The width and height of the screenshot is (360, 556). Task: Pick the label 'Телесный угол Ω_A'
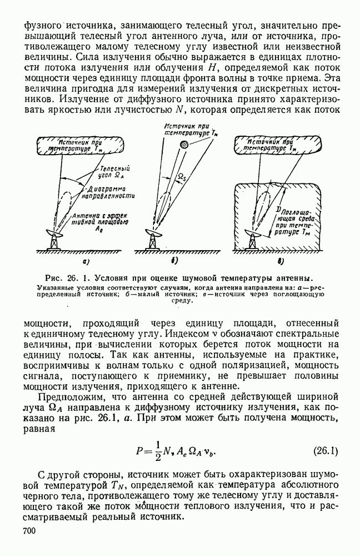[113, 171]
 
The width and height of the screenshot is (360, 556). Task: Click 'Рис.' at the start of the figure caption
[56, 278]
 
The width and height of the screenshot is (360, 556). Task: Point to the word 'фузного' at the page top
[42, 26]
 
